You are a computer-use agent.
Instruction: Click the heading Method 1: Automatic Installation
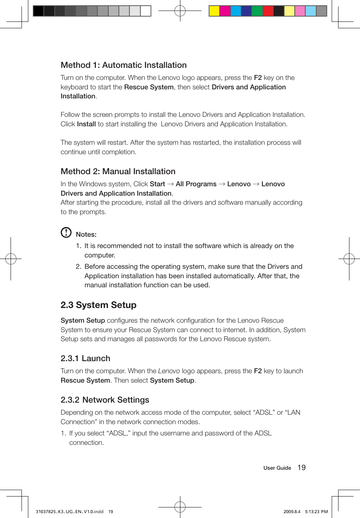[123, 65]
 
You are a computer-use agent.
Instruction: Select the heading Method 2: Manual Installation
[118, 172]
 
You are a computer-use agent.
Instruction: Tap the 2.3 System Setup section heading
[98, 305]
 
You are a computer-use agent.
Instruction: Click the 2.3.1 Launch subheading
[85, 359]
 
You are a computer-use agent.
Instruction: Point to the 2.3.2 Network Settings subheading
[105, 400]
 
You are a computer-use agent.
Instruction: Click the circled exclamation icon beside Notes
[66, 233]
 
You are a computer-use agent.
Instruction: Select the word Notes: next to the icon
[86, 234]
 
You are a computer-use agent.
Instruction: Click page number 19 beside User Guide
[302, 468]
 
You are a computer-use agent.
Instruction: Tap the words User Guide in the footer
[277, 468]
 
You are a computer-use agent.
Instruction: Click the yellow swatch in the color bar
[214, 11]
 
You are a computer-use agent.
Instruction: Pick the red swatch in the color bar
[268, 11]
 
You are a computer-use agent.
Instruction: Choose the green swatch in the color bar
[257, 11]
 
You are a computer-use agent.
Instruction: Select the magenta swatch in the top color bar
[225, 11]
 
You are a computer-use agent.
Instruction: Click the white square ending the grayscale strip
[146, 11]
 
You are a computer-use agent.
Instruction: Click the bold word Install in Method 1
[86, 124]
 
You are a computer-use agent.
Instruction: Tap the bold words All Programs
[196, 184]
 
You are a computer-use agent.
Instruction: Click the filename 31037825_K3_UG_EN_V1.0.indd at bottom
[69, 512]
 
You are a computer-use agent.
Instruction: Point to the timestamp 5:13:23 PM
[316, 512]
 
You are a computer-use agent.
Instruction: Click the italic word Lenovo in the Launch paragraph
[169, 371]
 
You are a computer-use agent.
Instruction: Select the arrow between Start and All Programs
[170, 184]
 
